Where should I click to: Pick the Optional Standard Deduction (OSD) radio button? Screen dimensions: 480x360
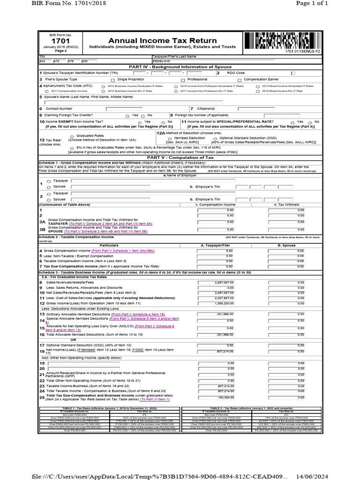pyautogui.click(x=215, y=138)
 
